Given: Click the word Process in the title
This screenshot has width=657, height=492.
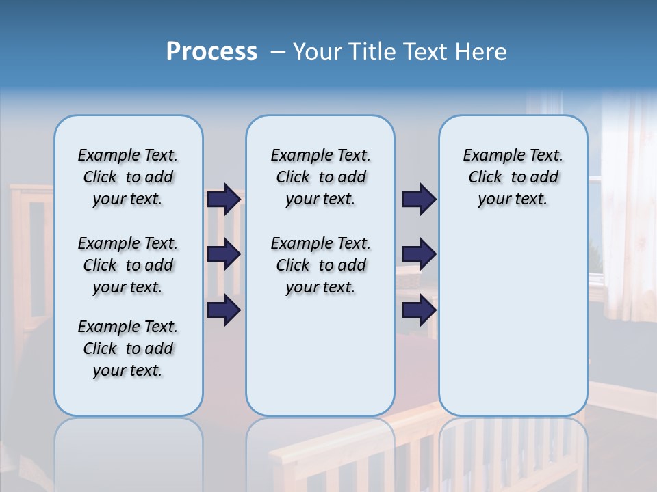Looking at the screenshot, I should point(211,52).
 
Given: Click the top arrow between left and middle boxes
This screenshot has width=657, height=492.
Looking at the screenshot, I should point(224,199).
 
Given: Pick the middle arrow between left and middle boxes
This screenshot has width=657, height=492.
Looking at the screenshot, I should point(224,254).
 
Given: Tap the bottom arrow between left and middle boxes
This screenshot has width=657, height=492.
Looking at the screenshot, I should point(224,310).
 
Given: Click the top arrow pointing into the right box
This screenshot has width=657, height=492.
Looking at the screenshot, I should point(419,199).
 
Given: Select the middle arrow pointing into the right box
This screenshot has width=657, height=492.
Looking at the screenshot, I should point(419,254).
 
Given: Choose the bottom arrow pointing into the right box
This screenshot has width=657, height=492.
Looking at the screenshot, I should point(419,310).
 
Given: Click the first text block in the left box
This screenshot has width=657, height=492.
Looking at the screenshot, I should point(128,177).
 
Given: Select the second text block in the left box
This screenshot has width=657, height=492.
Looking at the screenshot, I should point(128,265).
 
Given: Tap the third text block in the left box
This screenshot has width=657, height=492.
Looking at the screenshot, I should point(128,348).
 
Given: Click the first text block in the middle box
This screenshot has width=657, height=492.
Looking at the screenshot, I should point(320,177).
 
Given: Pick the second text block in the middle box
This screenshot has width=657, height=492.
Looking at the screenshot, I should point(320,265).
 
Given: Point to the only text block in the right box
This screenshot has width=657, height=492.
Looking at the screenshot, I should point(513,177).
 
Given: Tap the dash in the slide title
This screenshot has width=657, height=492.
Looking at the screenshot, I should point(278,52).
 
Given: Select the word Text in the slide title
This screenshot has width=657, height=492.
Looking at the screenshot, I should point(426,52).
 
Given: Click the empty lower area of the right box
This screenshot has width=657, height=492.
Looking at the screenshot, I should point(513,321).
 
